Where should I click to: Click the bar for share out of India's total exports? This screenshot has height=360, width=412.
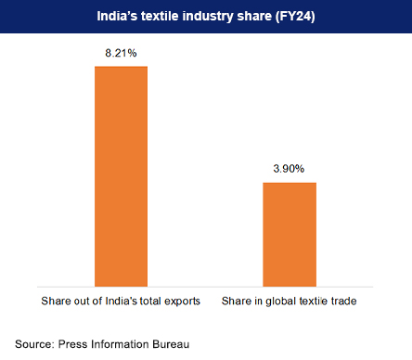tap(122, 175)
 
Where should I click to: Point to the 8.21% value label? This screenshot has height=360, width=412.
tap(122, 54)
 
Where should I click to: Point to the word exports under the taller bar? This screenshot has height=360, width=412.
tap(182, 302)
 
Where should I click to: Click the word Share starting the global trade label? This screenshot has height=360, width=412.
tap(238, 302)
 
